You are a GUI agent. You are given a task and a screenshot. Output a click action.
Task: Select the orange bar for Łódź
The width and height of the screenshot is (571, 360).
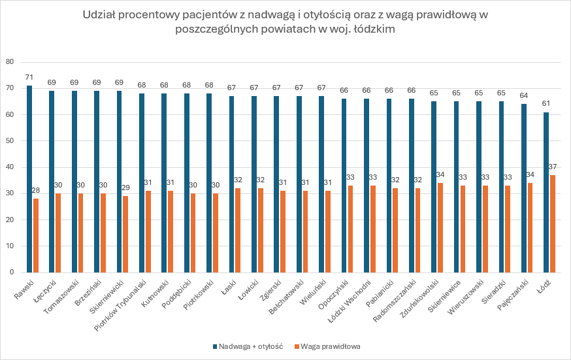(x=553, y=223)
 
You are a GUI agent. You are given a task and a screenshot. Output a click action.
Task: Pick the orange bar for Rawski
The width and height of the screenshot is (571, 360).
(x=36, y=235)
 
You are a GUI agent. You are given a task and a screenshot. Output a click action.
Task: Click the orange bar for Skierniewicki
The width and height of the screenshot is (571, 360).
(x=126, y=234)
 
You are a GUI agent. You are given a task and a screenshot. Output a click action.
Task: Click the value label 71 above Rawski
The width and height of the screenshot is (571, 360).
(x=29, y=78)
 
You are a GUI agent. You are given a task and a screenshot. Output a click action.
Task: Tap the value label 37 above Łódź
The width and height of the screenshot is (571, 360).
(x=553, y=167)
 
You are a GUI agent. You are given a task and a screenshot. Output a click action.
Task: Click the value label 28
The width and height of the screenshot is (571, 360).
(x=36, y=191)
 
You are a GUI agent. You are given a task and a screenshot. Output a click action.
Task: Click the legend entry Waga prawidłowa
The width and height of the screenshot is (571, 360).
(x=327, y=346)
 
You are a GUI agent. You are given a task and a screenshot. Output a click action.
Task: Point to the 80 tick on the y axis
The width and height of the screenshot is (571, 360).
(x=10, y=62)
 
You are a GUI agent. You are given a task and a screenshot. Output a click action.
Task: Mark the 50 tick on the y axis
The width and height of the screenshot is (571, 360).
(x=10, y=140)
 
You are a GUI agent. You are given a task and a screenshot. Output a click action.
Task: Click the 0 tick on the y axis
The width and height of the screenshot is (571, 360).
(x=12, y=272)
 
